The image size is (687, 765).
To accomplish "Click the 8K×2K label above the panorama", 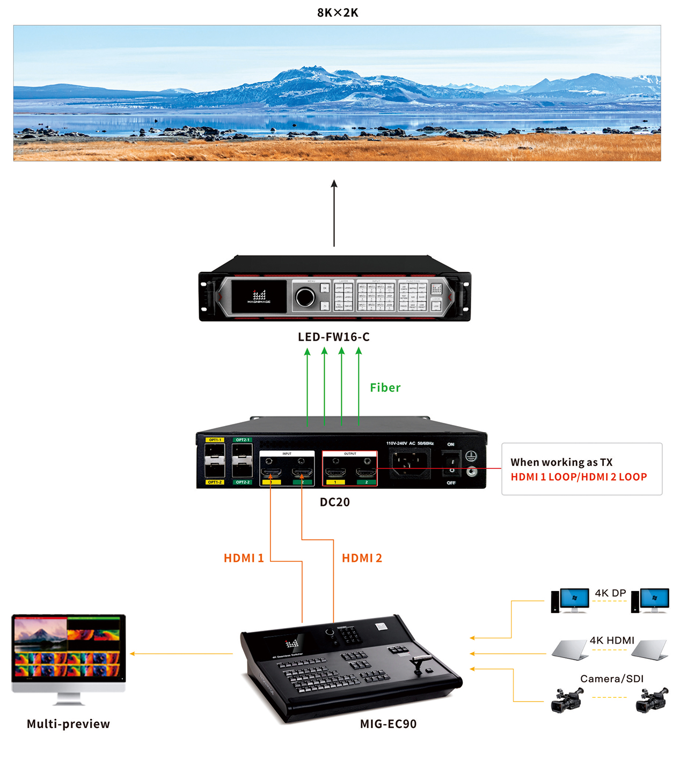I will click(x=337, y=12).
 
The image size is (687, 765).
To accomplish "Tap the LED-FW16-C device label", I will click(x=334, y=337).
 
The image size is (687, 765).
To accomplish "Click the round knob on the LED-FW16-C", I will click(x=305, y=297).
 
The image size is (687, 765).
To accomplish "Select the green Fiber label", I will click(x=385, y=387).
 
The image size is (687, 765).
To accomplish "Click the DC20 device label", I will click(x=335, y=502).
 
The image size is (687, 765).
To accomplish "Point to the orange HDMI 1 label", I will click(x=244, y=558).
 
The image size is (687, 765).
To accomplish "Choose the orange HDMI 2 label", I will click(x=362, y=558).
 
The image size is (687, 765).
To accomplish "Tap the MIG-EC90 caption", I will click(x=388, y=724).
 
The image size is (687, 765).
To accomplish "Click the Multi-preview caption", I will click(x=68, y=724).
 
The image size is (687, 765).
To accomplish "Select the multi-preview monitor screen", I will click(x=69, y=647).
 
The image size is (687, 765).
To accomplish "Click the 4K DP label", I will click(x=610, y=593).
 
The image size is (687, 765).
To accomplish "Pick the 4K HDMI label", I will click(x=612, y=640).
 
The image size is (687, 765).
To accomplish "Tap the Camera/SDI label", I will click(x=611, y=679).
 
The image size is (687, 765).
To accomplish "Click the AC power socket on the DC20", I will click(x=410, y=461).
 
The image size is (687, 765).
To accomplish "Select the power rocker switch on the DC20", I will click(x=451, y=465).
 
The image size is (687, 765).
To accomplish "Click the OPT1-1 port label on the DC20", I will click(x=215, y=440).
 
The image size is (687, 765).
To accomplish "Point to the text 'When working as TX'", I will click(x=561, y=462).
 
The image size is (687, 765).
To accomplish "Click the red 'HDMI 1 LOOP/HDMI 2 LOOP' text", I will click(x=579, y=477).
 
